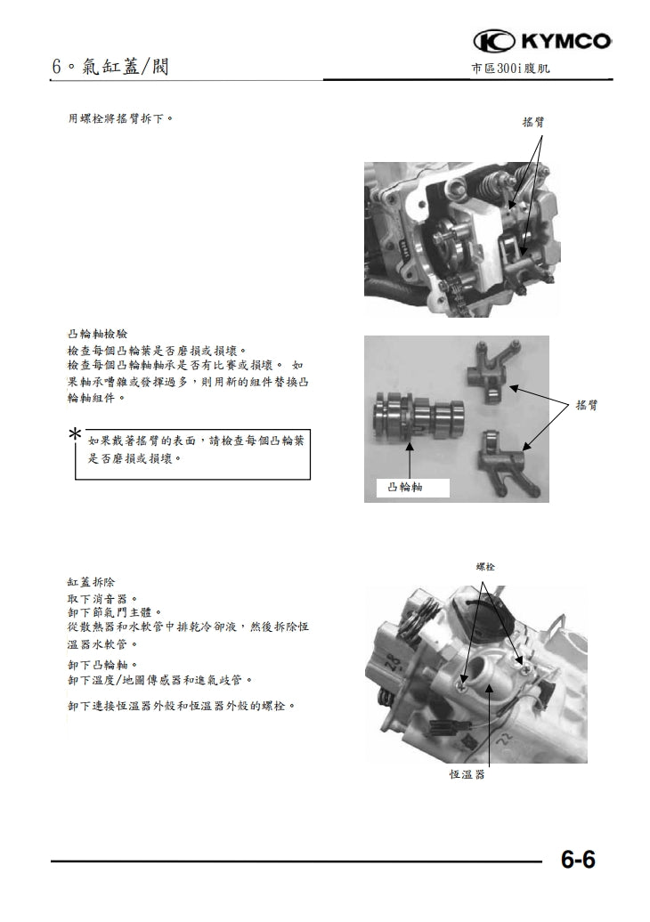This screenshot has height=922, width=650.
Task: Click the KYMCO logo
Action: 542,41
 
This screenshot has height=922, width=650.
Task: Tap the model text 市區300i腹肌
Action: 516,69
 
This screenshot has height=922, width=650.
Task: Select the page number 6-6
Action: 578,861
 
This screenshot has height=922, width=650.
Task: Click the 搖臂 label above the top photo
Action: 533,123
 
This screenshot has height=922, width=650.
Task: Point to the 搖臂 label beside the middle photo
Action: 586,405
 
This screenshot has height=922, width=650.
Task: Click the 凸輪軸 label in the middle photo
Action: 406,488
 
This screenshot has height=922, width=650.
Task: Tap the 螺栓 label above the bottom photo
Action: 485,567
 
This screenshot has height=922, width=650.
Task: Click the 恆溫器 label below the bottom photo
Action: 467,774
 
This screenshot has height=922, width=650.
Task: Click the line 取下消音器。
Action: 102,599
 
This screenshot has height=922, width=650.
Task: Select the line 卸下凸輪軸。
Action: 102,664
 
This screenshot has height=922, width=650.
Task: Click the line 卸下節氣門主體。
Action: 115,612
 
